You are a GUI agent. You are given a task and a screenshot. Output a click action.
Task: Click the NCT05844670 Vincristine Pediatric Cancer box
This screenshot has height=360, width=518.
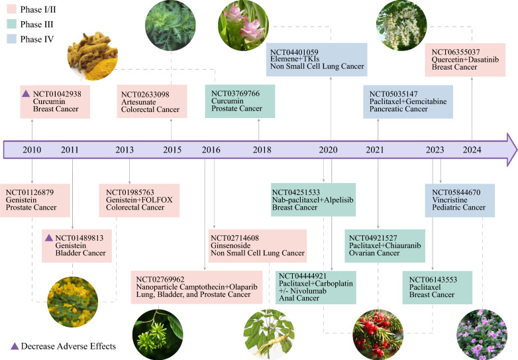click(x=460, y=201)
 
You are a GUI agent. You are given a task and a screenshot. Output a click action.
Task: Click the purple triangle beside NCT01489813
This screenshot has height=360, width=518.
click(x=48, y=237)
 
